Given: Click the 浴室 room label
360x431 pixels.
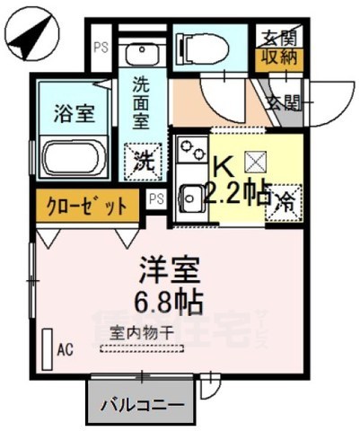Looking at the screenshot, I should [68, 115].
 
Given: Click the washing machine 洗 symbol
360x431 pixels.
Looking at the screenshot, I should [143, 163].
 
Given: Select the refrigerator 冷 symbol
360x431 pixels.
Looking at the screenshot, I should [285, 201].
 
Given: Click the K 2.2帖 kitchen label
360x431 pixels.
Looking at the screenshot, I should [240, 180].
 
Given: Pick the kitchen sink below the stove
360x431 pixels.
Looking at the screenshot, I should [191, 192].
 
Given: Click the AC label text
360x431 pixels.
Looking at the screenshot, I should [65, 348].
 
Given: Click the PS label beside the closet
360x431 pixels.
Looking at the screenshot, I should [157, 198].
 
